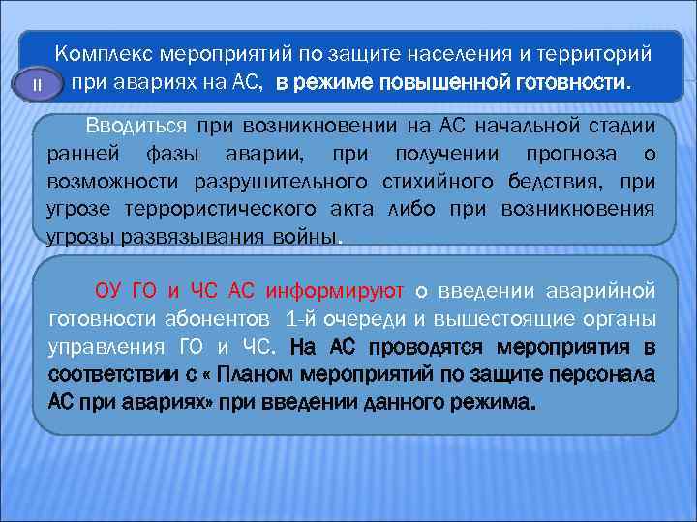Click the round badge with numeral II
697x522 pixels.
(37, 84)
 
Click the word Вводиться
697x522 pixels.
(136, 126)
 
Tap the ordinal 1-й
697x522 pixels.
(305, 318)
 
